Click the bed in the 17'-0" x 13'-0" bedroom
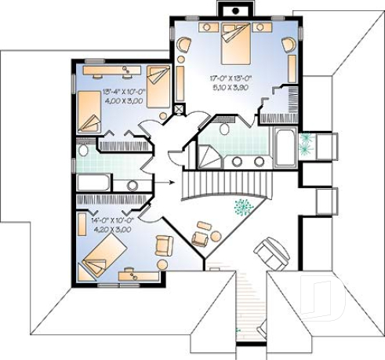[x=236, y=42]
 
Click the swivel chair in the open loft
[x=271, y=253]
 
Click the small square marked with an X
[x=180, y=109]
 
